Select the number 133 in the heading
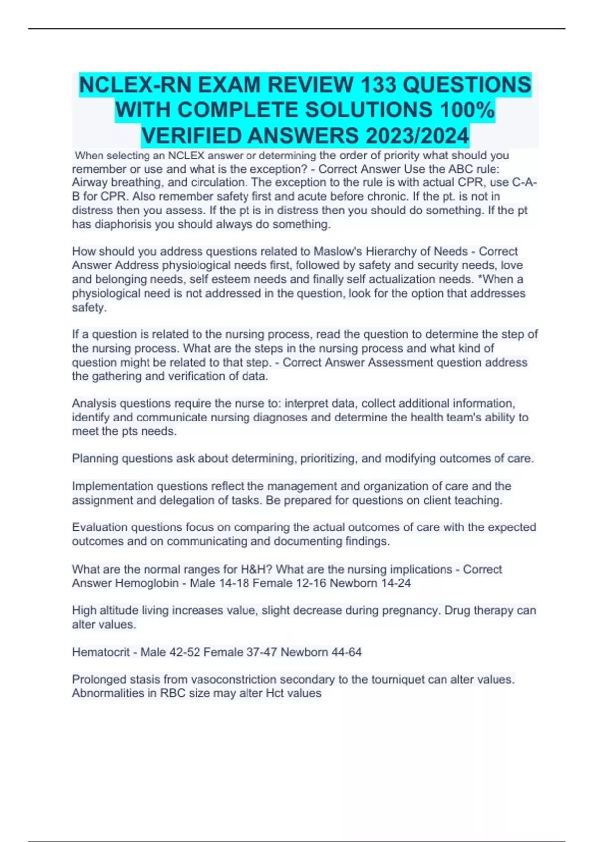[378, 85]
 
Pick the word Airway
[88, 182]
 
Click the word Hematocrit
[100, 652]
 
